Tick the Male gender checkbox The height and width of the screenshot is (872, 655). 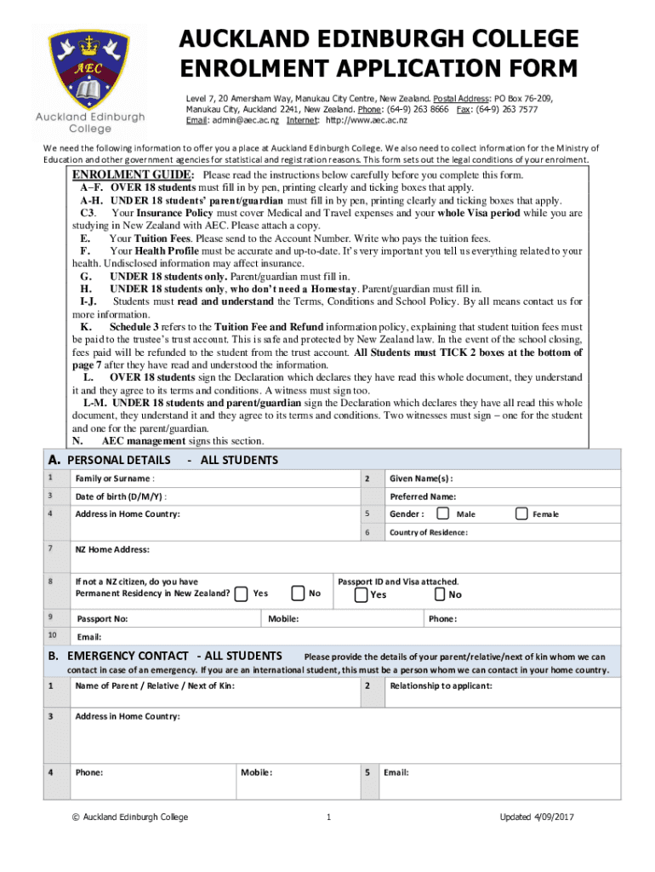click(443, 513)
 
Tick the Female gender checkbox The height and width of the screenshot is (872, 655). click(521, 513)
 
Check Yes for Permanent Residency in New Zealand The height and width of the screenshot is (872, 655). click(242, 593)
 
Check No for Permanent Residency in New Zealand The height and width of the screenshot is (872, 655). click(298, 593)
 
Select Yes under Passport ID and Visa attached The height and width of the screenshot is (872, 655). click(362, 594)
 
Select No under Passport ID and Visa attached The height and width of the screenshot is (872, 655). click(440, 594)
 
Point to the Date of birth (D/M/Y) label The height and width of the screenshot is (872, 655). click(121, 496)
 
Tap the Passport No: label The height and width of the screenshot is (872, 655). click(102, 619)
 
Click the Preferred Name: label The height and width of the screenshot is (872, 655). click(423, 496)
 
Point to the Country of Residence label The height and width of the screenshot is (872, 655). click(428, 532)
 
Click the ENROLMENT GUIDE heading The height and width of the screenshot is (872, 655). click(133, 175)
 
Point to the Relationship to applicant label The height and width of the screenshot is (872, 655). click(440, 686)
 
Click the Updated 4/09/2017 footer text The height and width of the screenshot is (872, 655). click(538, 817)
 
